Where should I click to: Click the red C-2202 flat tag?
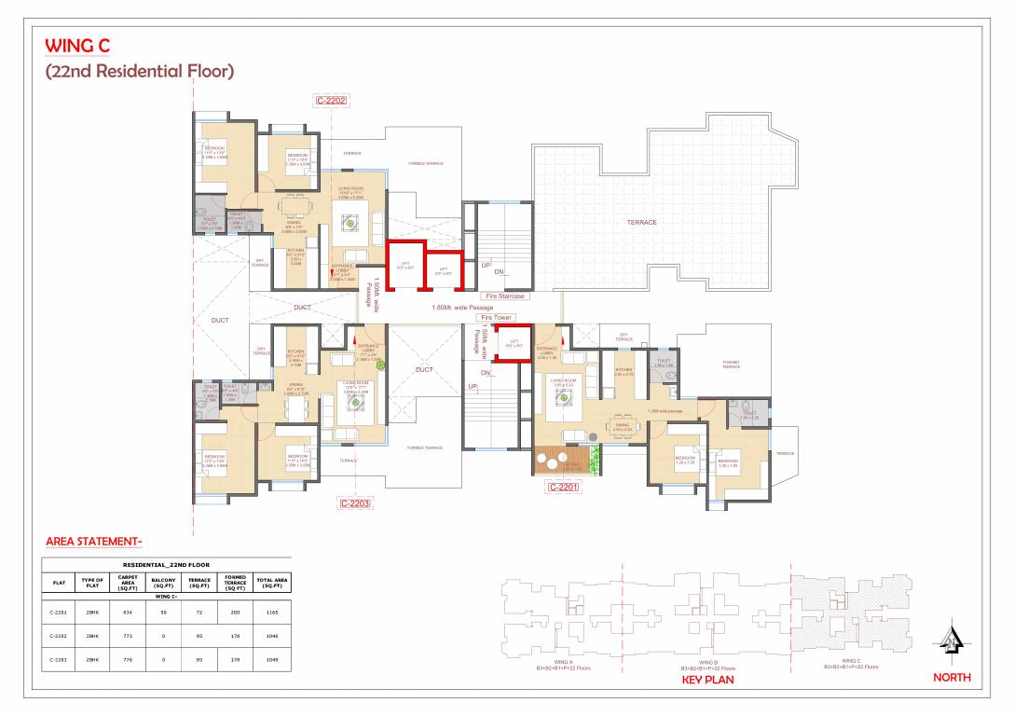point(332,101)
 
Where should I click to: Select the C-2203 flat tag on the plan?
point(356,503)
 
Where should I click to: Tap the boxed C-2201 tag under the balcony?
point(564,487)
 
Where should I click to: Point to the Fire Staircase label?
point(505,296)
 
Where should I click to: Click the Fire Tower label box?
point(496,318)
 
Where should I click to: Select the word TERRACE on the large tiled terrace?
point(641,222)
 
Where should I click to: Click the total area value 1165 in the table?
point(271,612)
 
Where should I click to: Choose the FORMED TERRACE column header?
point(236,583)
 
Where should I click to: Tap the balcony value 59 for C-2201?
point(163,612)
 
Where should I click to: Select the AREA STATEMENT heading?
point(93,541)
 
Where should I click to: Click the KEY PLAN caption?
point(707,680)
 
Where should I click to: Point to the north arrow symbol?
point(951,638)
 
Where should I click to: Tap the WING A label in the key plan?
point(563,662)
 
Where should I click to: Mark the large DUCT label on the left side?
point(220,320)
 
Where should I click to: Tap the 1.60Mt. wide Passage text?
point(462,308)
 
